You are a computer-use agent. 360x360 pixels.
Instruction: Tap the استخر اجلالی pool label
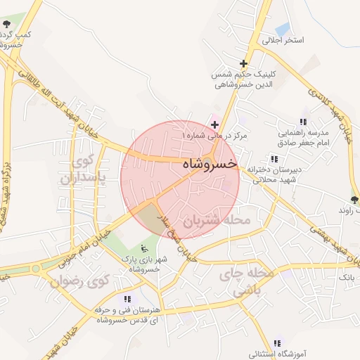[283, 41]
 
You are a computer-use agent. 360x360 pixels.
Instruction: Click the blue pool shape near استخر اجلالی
[283, 30]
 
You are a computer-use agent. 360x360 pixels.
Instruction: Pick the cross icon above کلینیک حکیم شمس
[243, 63]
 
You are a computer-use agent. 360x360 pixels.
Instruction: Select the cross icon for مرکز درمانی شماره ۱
[214, 124]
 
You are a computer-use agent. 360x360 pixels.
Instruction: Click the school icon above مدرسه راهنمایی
[303, 120]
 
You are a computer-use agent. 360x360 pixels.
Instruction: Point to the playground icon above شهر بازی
[144, 248]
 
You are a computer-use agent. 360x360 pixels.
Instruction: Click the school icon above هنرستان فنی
[127, 299]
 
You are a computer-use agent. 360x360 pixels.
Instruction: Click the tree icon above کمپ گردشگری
[6, 25]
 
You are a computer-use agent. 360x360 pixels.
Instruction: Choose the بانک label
[349, 278]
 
